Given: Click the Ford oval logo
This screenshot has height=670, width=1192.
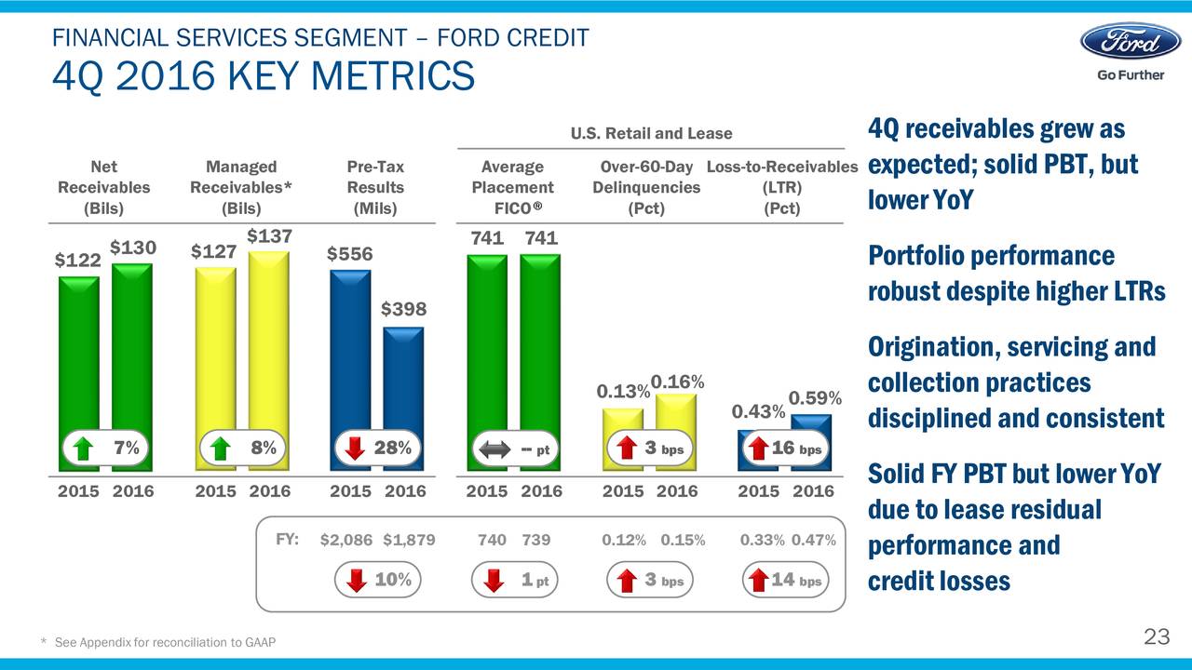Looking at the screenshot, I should (x=1130, y=42).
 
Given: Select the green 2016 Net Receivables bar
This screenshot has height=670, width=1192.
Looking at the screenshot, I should (x=132, y=354).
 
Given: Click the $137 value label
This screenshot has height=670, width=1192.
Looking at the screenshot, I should (x=268, y=236).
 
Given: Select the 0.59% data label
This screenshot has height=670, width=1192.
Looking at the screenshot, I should (x=815, y=398).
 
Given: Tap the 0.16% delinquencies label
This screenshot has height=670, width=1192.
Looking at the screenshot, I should (x=677, y=382).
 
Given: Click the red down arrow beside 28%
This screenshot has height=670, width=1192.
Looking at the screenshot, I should (x=355, y=449).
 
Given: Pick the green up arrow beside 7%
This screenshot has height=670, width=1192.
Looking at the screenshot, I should (x=84, y=449).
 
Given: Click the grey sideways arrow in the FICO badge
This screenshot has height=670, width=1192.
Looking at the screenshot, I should (x=493, y=449).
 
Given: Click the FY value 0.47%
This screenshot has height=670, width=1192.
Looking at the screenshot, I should (x=813, y=541).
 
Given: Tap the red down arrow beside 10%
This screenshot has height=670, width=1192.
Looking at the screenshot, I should (x=356, y=581).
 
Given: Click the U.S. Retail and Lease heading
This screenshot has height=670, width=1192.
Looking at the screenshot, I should (x=651, y=134).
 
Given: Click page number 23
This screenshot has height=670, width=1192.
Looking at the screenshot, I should (x=1156, y=637).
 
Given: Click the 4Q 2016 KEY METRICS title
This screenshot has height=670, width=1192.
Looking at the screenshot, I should (x=264, y=76).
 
